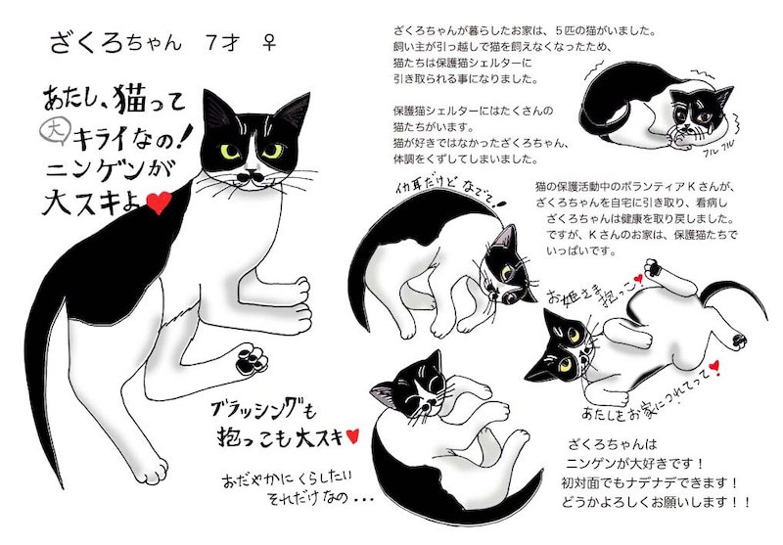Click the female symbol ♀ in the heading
coord(269,42)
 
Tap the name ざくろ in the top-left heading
coord(86,42)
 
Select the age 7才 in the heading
coord(223,43)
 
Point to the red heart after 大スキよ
coord(160,203)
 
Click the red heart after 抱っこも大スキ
coord(352,435)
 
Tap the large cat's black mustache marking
coord(250,177)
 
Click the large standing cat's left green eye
coord(230,152)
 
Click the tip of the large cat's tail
coord(62,485)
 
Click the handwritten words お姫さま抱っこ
coord(593,292)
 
